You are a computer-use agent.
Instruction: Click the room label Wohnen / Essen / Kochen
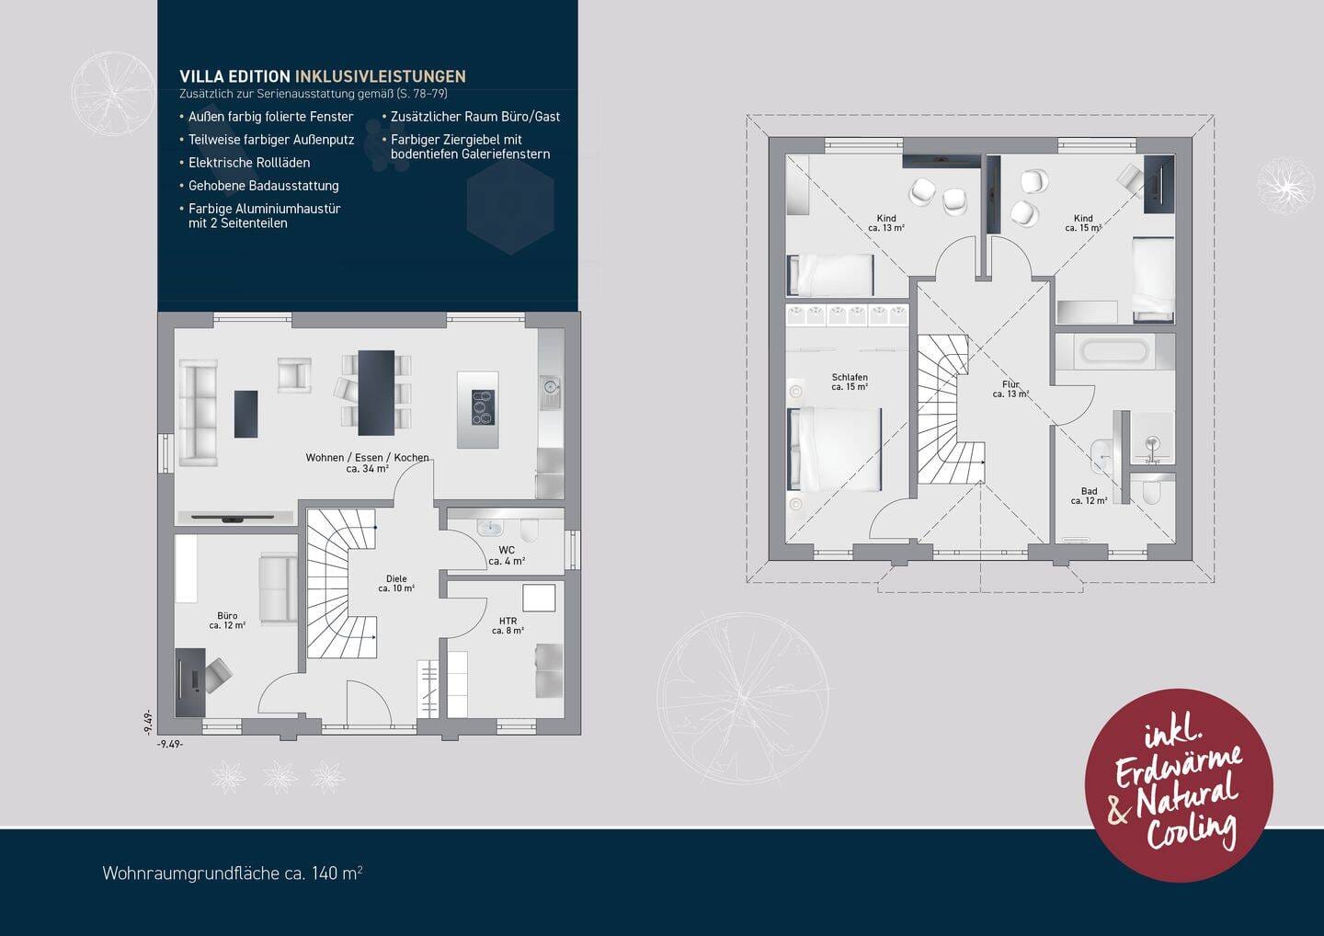tap(367, 462)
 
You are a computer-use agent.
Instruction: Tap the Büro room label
tap(227, 621)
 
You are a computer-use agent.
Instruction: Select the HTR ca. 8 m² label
tap(508, 626)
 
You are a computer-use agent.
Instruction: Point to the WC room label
tap(507, 556)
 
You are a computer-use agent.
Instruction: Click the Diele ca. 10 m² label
tap(396, 584)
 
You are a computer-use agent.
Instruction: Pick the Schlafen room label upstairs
tap(850, 382)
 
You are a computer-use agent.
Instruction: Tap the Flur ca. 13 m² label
tap(1010, 389)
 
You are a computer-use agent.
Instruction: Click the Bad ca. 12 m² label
tap(1089, 496)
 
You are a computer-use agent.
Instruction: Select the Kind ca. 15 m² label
tap(1083, 223)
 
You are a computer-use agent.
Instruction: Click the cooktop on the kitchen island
tap(483, 407)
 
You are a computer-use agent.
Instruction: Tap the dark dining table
tap(376, 393)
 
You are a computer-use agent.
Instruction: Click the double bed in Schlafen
tap(835, 450)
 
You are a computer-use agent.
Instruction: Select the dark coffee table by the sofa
tap(245, 415)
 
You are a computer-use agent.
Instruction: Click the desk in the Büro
tap(191, 682)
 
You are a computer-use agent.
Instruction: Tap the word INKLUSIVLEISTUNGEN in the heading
tap(380, 77)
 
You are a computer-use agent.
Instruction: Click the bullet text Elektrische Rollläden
tap(249, 163)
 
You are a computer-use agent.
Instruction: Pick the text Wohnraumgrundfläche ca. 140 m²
tap(233, 873)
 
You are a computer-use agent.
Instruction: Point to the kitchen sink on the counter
tap(550, 388)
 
